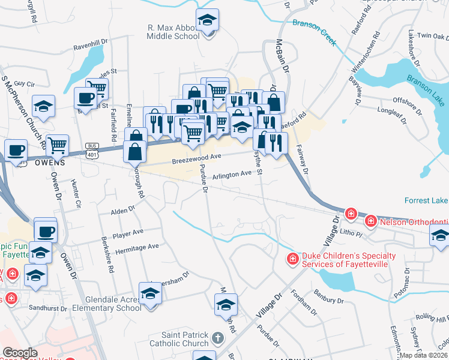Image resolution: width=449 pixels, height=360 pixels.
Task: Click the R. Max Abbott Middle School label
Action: [x=173, y=32]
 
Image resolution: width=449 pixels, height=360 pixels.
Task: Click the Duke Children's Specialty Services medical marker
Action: [x=292, y=259]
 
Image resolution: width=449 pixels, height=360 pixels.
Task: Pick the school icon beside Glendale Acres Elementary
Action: [x=150, y=293]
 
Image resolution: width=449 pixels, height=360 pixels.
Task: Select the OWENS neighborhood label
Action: [x=50, y=163]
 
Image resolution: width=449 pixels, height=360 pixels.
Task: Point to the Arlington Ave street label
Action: [x=232, y=174]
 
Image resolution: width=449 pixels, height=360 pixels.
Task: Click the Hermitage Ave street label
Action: [x=137, y=247]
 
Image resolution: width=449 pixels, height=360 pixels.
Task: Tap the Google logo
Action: [x=20, y=353]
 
